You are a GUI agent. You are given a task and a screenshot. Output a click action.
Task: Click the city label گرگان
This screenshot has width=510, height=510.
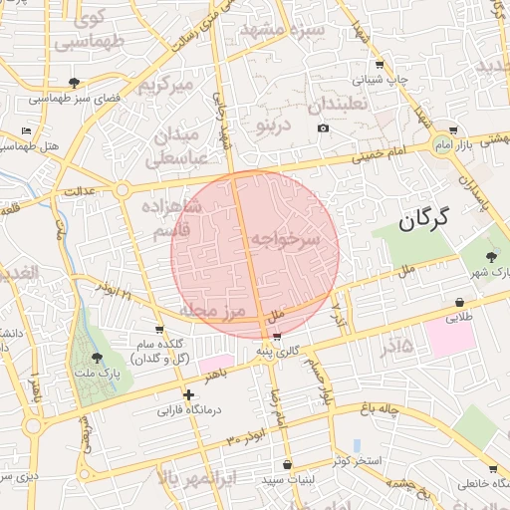coord(424,219)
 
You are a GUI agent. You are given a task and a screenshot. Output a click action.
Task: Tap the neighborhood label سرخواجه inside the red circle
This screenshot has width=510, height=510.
coord(285,239)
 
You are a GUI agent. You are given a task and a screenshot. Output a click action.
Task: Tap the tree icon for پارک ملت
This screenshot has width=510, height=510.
coord(97,358)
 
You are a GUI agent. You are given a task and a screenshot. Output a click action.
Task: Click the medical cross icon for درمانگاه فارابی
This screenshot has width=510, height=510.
coord(189,395)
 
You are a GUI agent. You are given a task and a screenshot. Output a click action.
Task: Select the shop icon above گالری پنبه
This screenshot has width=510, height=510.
coord(276,336)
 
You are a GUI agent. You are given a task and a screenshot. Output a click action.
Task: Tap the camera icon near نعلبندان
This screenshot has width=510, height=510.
coord(323,128)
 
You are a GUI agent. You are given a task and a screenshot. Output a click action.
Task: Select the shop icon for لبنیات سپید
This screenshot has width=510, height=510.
coord(287,465)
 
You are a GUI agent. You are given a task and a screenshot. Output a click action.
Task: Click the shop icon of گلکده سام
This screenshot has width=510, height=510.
coord(159,329)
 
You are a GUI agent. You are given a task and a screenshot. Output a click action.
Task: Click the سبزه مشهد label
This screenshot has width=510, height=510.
coord(296,30)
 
